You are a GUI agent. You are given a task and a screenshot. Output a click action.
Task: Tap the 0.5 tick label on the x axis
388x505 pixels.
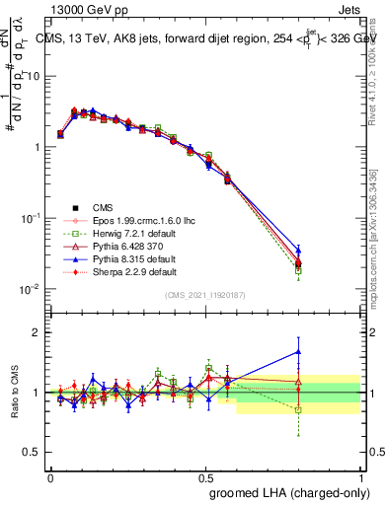[205, 476]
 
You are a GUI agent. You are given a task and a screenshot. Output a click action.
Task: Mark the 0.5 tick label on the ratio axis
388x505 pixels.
[34, 452]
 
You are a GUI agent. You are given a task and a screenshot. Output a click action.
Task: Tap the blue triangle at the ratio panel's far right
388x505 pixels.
[298, 351]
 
